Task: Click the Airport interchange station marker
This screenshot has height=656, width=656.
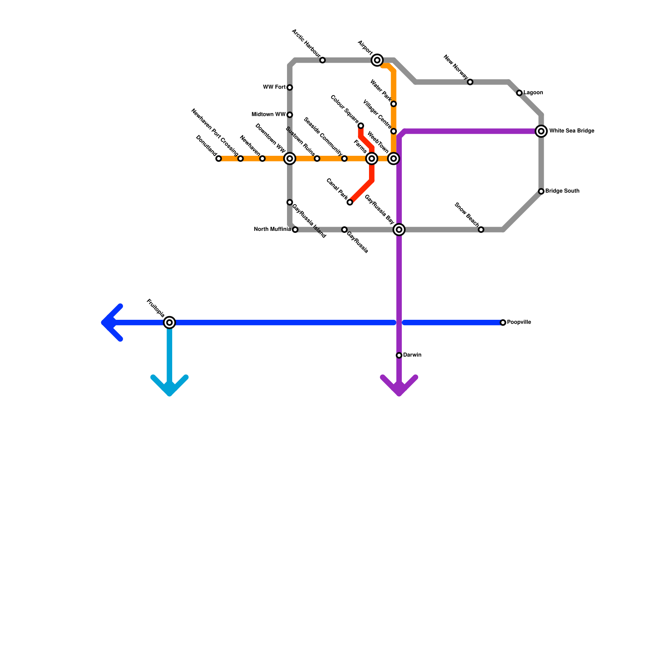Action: [377, 60]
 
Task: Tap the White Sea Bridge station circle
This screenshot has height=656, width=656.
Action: [541, 131]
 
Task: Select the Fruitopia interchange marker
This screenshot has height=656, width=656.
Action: [169, 323]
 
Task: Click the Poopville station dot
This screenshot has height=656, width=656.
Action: [503, 323]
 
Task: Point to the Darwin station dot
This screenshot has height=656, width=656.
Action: [399, 355]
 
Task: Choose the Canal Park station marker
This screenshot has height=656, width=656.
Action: [350, 203]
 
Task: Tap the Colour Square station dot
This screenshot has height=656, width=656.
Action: [361, 125]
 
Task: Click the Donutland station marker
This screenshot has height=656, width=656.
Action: [219, 159]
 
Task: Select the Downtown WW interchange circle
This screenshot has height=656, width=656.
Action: [290, 159]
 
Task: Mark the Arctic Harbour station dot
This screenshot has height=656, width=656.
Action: [323, 60]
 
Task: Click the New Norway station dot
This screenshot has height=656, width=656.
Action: [470, 82]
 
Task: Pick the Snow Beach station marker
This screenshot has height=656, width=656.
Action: [481, 230]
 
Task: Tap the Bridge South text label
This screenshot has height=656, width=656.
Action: [562, 191]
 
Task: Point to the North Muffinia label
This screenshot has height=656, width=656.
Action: [272, 229]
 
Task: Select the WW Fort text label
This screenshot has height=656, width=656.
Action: [274, 87]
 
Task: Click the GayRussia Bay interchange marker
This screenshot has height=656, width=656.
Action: [399, 230]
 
